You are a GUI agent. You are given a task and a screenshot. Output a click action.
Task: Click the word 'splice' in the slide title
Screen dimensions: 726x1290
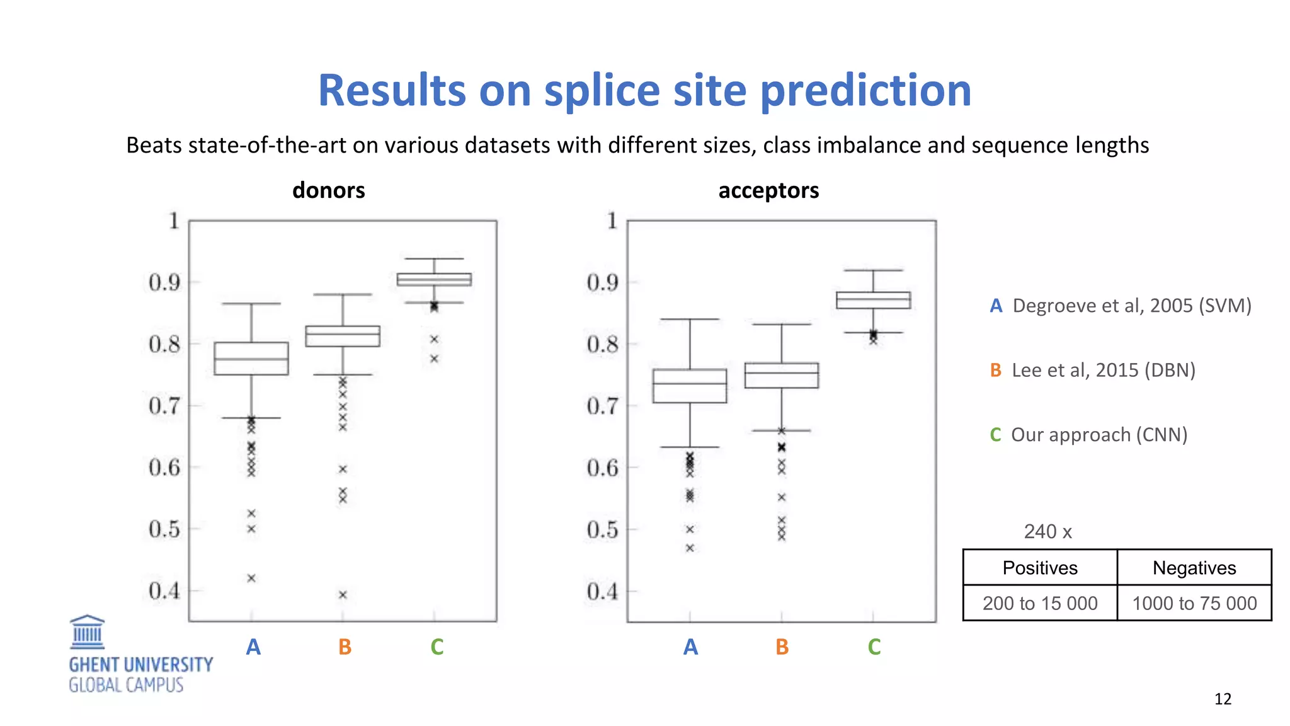pyautogui.click(x=602, y=91)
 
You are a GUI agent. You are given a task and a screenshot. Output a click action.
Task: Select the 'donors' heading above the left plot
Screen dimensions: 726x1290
pyautogui.click(x=328, y=190)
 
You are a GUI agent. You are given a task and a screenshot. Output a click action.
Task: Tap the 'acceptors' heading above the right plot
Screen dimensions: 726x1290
pyautogui.click(x=768, y=190)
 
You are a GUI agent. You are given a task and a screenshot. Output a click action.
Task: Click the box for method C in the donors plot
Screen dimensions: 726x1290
pyautogui.click(x=434, y=279)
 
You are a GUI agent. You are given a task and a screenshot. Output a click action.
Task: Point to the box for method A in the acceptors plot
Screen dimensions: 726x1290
pyautogui.click(x=690, y=386)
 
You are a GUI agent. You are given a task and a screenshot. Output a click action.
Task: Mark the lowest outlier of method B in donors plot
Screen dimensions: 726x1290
pyautogui.click(x=343, y=594)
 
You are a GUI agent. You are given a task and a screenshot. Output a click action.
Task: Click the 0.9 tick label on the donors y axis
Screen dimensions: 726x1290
pyautogui.click(x=164, y=283)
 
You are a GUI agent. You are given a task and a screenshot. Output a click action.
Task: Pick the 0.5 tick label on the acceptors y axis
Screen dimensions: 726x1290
pyautogui.click(x=603, y=530)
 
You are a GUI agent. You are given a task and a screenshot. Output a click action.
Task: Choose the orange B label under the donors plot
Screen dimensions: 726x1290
pyautogui.click(x=345, y=647)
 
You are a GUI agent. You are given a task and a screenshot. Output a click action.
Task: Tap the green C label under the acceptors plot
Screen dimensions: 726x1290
pyautogui.click(x=874, y=647)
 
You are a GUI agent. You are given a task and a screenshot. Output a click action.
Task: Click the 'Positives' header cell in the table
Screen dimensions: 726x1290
pyautogui.click(x=1040, y=568)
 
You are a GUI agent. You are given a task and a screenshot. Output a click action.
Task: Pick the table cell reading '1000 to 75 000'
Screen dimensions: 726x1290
pyautogui.click(x=1194, y=603)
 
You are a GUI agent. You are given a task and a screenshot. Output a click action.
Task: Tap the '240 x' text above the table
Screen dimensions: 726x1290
pyautogui.click(x=1047, y=532)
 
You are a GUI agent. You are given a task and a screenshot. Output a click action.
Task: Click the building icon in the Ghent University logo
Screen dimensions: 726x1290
pyautogui.click(x=87, y=632)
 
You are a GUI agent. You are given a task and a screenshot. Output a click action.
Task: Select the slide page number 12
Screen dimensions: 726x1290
pyautogui.click(x=1223, y=699)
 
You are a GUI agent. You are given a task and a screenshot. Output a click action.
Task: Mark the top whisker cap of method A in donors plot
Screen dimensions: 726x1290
pyautogui.click(x=251, y=304)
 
